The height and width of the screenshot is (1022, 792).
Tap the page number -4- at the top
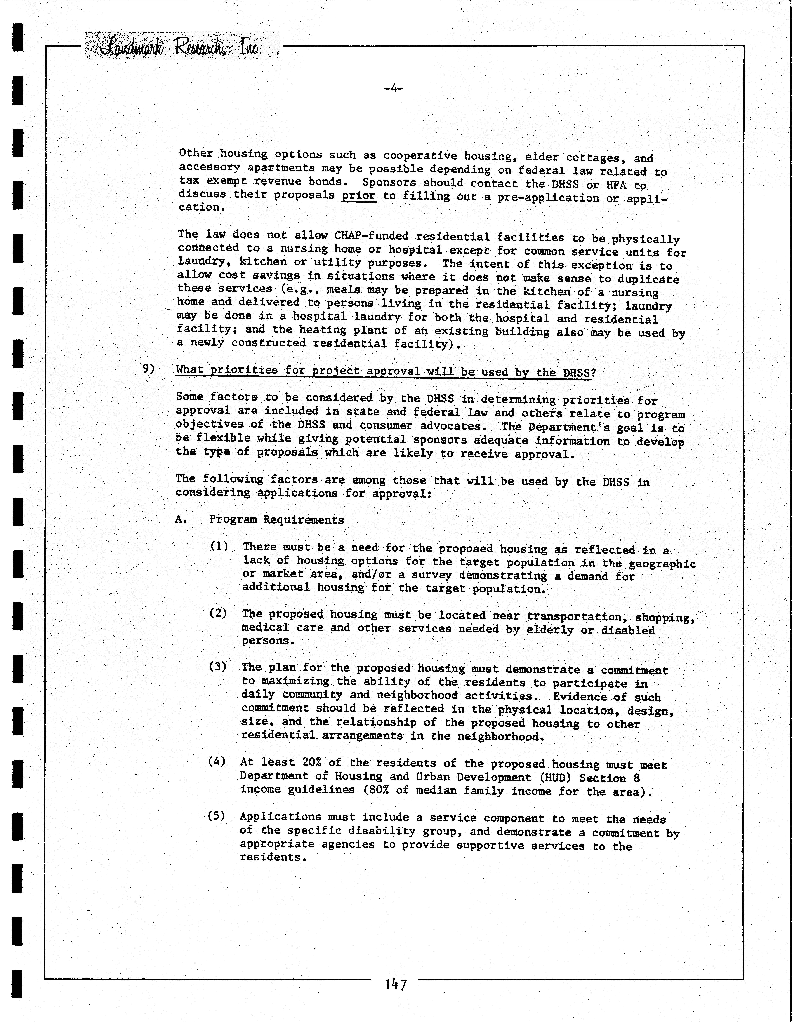coord(393,88)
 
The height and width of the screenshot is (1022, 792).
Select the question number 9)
coord(148,369)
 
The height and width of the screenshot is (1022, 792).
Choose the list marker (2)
coord(218,613)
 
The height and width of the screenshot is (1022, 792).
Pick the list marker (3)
coord(218,666)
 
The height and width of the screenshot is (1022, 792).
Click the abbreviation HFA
coord(616,184)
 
